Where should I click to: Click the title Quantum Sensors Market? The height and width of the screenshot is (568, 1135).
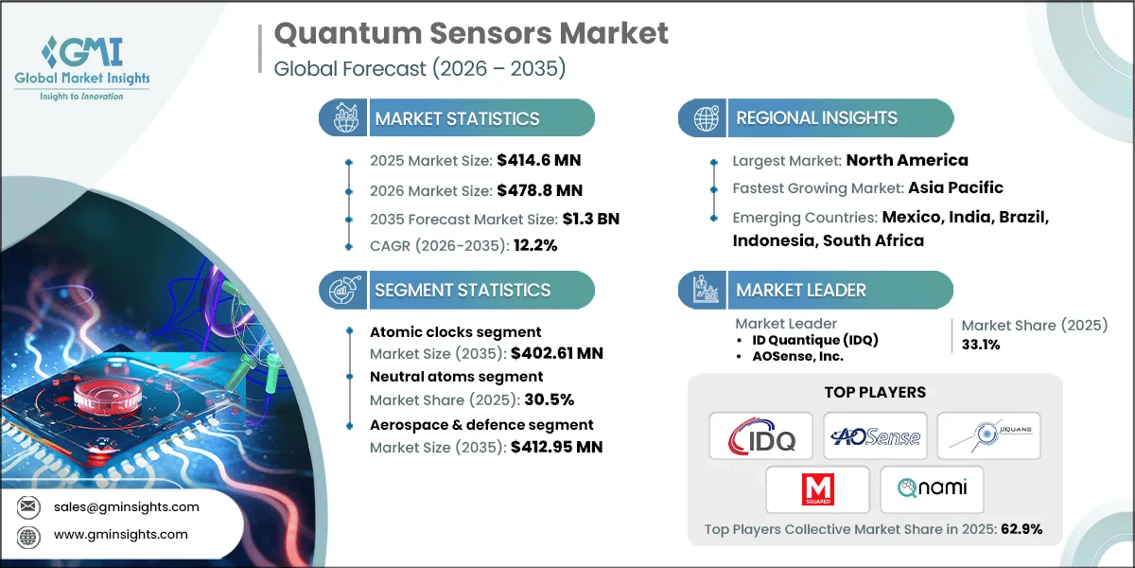coord(470,34)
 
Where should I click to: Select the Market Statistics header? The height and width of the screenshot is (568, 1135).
coord(457,118)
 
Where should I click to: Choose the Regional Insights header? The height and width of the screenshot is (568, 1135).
coord(816,118)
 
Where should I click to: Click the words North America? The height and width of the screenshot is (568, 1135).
coord(906,160)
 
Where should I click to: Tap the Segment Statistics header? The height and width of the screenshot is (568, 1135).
coord(463,290)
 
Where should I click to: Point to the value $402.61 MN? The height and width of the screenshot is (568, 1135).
coord(556,353)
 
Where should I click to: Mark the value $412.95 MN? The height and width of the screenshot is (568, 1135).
coord(556,446)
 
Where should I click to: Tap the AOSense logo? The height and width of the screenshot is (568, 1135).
coord(874,435)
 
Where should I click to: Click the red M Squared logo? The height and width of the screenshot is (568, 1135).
coord(817,489)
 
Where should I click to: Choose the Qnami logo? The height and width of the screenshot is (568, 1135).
coord(932,489)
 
